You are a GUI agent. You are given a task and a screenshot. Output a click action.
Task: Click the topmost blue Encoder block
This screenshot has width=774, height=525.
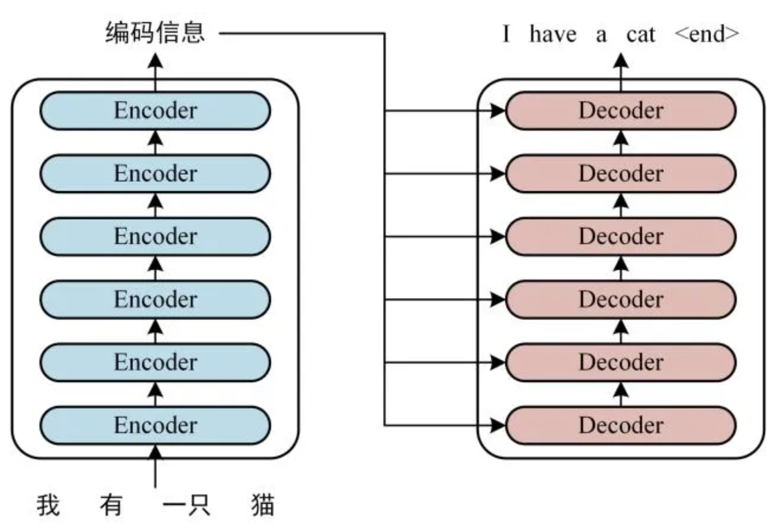[155, 111]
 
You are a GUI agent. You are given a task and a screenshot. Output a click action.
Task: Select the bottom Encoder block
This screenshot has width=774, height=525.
[155, 425]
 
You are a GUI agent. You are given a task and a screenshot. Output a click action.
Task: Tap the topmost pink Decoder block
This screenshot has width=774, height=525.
[621, 111]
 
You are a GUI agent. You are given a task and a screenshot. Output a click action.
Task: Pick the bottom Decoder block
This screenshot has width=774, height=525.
[621, 425]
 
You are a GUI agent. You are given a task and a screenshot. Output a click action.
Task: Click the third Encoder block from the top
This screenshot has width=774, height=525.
[155, 237]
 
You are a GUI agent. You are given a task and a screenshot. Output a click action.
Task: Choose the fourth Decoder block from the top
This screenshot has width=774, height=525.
[621, 300]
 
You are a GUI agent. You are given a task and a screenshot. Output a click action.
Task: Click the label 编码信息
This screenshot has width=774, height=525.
[155, 33]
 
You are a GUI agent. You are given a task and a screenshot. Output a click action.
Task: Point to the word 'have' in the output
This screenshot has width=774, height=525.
[553, 35]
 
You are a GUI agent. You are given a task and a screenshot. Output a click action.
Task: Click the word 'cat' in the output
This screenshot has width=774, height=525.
[640, 35]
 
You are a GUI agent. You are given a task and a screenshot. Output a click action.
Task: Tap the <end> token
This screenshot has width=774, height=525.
[707, 34]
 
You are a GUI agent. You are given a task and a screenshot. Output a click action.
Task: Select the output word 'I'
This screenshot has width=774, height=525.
[505, 34]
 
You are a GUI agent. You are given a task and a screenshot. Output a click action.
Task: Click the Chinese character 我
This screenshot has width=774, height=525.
[48, 505]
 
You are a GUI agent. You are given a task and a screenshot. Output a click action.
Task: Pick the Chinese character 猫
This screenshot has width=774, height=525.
[263, 505]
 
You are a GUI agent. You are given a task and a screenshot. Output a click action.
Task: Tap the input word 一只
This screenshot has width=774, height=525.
[186, 505]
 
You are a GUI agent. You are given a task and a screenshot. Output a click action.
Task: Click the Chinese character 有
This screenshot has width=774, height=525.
[111, 505]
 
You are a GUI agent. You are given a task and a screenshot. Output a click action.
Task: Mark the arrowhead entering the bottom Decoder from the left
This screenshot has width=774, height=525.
[498, 425]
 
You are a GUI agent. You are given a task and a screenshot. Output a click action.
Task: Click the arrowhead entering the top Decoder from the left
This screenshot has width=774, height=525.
[498, 111]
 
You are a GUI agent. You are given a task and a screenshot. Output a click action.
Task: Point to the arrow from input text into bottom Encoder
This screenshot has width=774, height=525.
[156, 466]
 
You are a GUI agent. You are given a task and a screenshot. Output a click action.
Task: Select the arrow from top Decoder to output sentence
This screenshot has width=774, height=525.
[621, 71]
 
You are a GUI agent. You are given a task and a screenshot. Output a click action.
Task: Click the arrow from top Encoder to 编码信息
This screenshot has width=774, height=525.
[156, 71]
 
